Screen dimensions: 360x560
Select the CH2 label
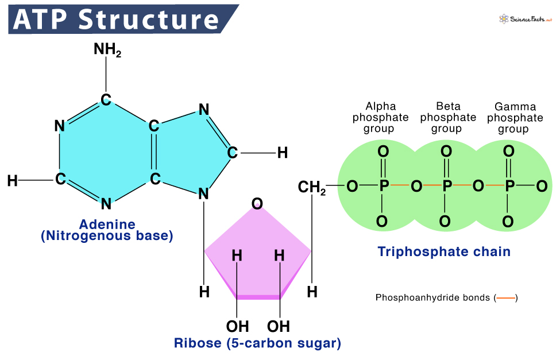[311, 188]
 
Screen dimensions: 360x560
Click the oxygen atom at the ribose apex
[258, 203]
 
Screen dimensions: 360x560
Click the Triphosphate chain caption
[444, 251]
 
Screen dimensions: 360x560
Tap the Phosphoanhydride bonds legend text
[434, 297]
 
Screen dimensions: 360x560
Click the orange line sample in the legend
[506, 297]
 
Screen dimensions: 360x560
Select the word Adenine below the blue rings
[107, 224]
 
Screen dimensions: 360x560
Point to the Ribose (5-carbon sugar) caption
[257, 343]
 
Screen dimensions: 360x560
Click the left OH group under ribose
[237, 326]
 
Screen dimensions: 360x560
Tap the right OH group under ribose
[279, 326]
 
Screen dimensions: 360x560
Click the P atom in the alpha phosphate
[384, 186]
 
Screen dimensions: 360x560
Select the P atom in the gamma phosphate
[509, 186]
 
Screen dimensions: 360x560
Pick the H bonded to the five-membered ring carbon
[282, 153]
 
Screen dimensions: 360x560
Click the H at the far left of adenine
[12, 181]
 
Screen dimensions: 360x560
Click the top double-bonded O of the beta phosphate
[446, 152]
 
